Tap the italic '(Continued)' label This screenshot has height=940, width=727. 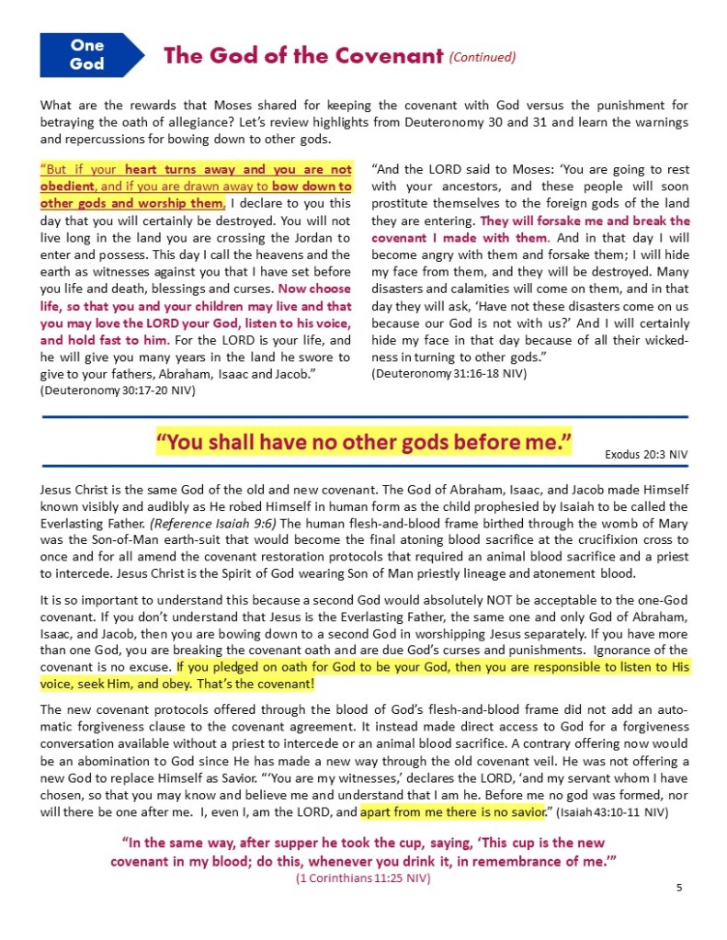[483, 57]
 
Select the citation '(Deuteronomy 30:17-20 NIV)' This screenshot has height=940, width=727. [117, 391]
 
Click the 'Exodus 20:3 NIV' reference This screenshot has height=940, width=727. [646, 454]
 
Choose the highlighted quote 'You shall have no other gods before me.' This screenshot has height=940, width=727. [364, 444]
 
